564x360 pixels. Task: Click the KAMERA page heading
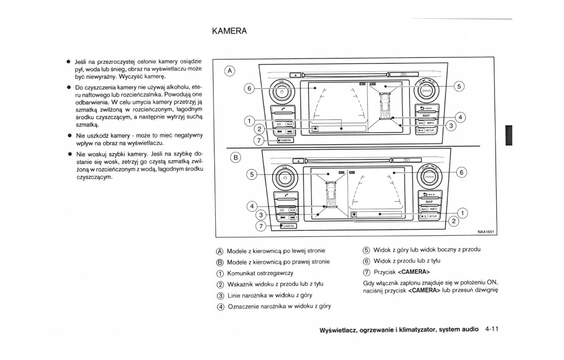(x=229, y=31)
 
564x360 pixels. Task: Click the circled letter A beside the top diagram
(x=230, y=71)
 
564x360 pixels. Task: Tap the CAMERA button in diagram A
(x=285, y=140)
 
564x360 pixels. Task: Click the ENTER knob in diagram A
(x=426, y=91)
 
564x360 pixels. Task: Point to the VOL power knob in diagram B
(x=283, y=179)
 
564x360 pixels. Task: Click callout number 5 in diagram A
(x=460, y=86)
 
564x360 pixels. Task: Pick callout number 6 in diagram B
(x=461, y=172)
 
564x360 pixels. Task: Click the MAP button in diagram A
(x=426, y=115)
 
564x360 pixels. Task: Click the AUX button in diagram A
(x=290, y=124)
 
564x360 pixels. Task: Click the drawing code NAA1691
(x=487, y=231)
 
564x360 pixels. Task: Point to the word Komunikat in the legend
(x=243, y=273)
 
